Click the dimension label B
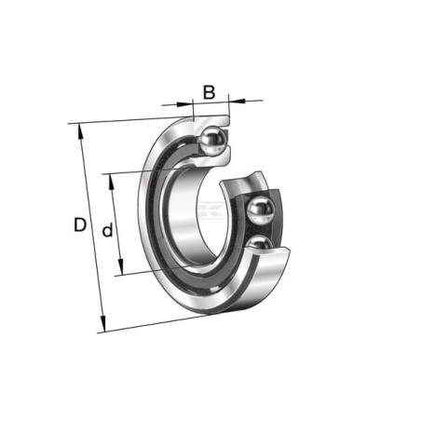pyautogui.click(x=209, y=92)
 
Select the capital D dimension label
pyautogui.click(x=80, y=224)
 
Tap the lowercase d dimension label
pyautogui.click(x=107, y=230)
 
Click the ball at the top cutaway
pyautogui.click(x=212, y=140)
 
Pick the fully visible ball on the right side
pyautogui.click(x=261, y=210)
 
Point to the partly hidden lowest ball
pyautogui.click(x=260, y=242)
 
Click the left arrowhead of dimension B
pyautogui.click(x=185, y=103)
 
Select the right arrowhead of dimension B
pyautogui.click(x=237, y=100)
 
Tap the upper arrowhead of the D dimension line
pyautogui.click(x=80, y=131)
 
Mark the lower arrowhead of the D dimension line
pyautogui.click(x=103, y=324)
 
